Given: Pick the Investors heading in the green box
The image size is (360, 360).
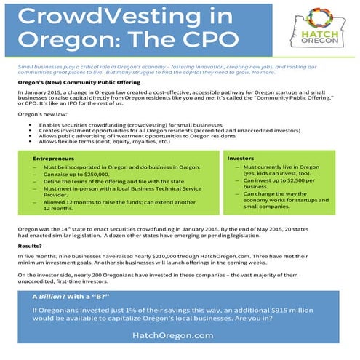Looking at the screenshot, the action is (x=241, y=157).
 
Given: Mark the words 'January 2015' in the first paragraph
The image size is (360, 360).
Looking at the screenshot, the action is (x=43, y=91).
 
